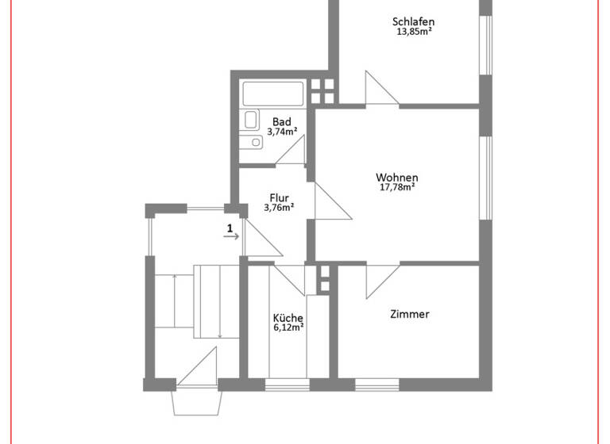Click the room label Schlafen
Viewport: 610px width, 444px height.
[413, 21]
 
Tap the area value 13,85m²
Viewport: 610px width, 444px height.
[413, 33]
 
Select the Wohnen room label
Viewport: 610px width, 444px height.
[397, 178]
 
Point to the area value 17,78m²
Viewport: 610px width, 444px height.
[397, 188]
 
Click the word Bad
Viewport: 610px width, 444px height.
[282, 121]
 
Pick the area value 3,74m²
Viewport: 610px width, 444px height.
[282, 132]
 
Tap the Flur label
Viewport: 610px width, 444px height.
[279, 198]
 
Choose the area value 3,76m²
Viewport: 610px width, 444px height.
[279, 209]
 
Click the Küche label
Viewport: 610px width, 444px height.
[288, 318]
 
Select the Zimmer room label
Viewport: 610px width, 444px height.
[410, 314]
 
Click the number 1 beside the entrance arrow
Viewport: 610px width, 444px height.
[230, 229]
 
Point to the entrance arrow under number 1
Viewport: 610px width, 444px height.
[231, 237]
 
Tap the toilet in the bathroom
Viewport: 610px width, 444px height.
[250, 121]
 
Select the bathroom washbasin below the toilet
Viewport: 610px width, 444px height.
[252, 143]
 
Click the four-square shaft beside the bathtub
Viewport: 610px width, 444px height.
[323, 92]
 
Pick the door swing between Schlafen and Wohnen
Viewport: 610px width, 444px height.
[381, 88]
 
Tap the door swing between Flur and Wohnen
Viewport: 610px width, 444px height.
[330, 201]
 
